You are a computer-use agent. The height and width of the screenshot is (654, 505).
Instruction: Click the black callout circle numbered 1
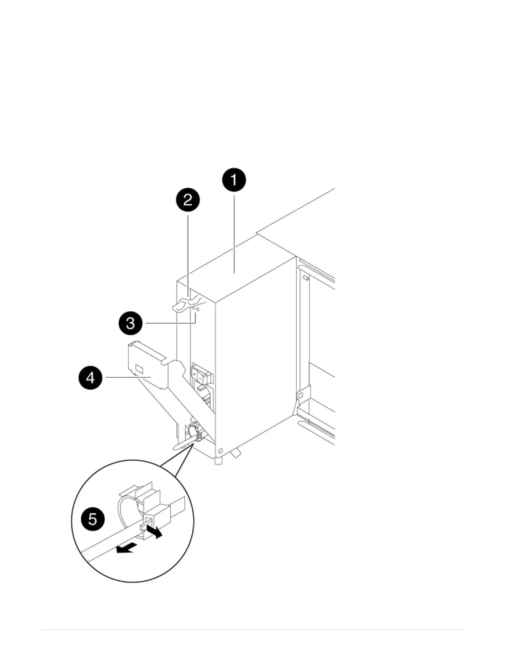coord(234,180)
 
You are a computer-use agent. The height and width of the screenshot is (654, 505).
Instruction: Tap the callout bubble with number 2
coord(188,200)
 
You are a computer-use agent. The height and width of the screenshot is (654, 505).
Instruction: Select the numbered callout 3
coord(130,323)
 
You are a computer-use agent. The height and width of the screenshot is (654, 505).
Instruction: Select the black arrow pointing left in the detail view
coord(125,548)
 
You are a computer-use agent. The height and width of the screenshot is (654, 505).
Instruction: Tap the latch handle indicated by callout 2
coord(182,305)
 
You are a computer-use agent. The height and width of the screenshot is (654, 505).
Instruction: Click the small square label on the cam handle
coord(139,367)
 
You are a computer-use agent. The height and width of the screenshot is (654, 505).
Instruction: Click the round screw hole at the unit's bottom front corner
coord(220,450)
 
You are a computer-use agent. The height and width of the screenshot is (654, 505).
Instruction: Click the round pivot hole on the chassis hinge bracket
coord(301,396)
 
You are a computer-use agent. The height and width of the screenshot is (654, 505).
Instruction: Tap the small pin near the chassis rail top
coord(306,279)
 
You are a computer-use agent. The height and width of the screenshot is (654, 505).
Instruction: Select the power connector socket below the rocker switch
coord(205,395)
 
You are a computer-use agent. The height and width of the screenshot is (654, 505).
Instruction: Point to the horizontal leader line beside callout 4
coord(122,377)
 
